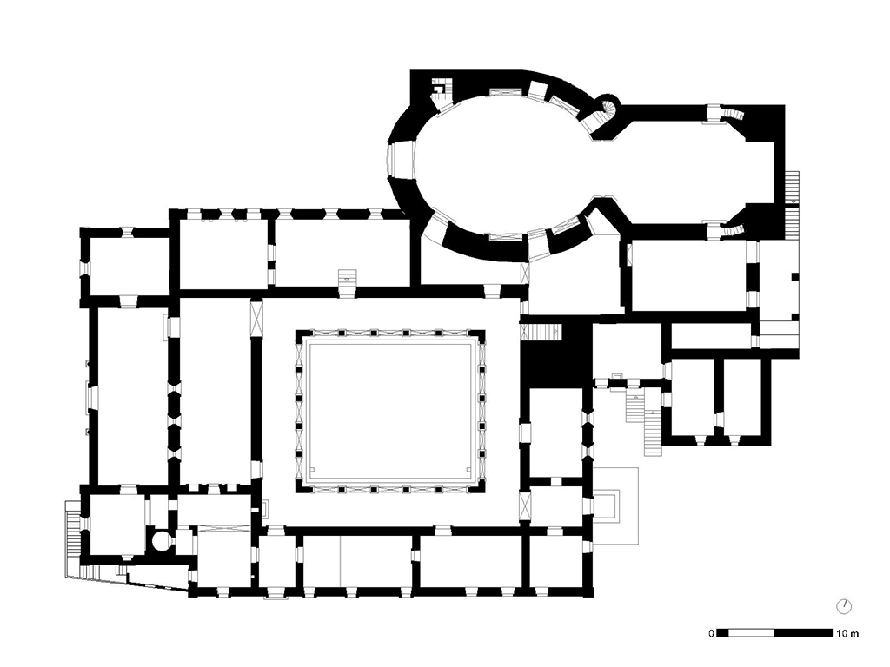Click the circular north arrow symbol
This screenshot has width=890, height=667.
(843, 605)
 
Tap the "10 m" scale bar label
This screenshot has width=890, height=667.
(848, 632)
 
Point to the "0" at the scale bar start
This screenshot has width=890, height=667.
(711, 632)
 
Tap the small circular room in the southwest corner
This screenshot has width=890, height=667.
(162, 540)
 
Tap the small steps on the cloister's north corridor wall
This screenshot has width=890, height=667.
(348, 276)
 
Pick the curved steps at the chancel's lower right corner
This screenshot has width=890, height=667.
(734, 229)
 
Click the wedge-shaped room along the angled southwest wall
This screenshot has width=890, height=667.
(156, 579)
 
